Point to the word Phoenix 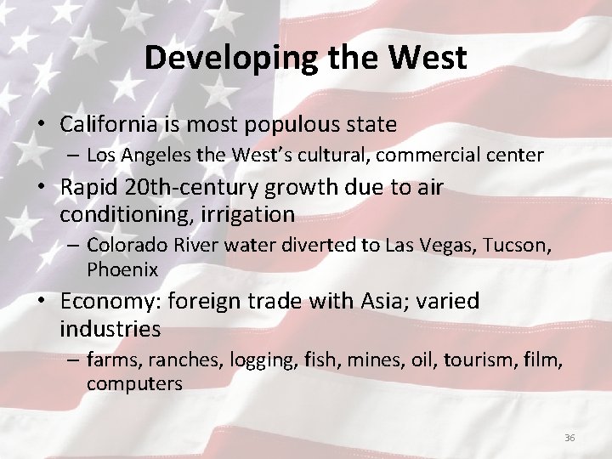(122, 269)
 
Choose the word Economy (110, 301)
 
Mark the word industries (110, 328)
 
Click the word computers (134, 383)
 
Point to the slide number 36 (569, 438)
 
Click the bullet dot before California (41, 126)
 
